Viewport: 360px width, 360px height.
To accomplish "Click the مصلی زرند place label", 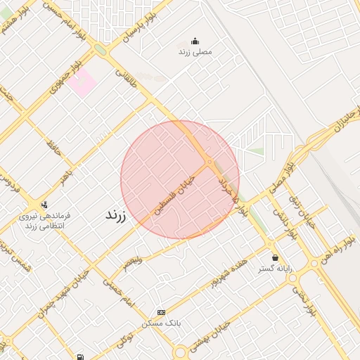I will (x=195, y=53).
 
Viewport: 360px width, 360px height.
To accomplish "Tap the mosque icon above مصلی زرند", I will (x=195, y=41).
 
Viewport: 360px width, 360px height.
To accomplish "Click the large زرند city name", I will (x=114, y=215).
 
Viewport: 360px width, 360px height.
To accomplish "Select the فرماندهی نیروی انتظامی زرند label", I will (x=44, y=221).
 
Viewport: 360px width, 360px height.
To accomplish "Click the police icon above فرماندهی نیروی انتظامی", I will (x=45, y=205).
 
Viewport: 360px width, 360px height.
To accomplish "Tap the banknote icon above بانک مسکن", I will (x=162, y=311).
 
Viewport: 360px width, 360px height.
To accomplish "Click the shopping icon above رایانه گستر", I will (x=275, y=257).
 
